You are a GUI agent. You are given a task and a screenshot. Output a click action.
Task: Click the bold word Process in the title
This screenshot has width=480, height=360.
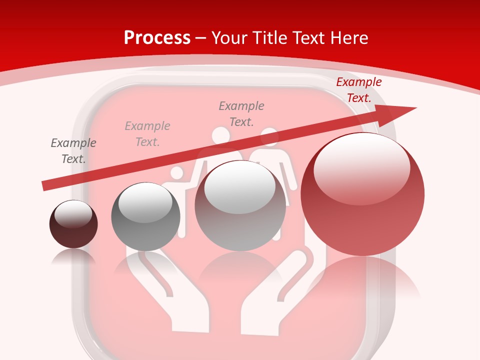(157, 38)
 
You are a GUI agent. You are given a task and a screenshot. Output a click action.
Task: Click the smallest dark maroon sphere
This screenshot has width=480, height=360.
(73, 224)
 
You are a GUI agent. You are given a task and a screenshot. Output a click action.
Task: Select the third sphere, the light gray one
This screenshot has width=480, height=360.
(240, 205)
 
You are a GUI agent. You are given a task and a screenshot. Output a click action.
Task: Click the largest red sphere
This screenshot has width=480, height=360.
(362, 194)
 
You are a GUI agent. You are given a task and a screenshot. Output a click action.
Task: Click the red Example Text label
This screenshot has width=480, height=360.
(358, 90)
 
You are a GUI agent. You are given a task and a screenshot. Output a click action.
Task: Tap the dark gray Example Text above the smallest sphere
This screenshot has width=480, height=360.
(73, 151)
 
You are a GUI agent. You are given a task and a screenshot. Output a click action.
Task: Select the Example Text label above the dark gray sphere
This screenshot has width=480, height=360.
(147, 134)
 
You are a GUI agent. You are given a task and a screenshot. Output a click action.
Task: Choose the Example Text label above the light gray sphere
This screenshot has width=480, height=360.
(241, 114)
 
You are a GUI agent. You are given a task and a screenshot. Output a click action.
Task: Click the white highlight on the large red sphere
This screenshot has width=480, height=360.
(361, 167)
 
